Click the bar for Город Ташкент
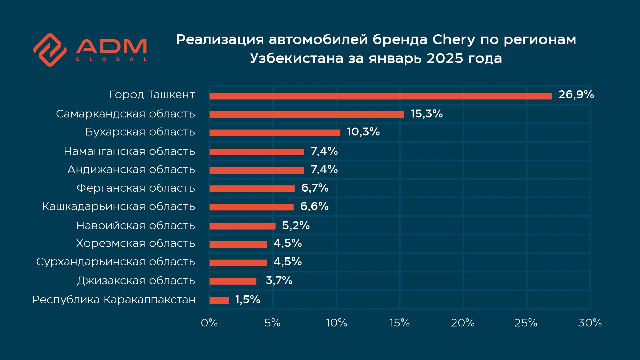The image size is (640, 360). [380, 96]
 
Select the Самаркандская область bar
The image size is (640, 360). [307, 115]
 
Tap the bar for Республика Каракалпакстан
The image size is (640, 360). [219, 300]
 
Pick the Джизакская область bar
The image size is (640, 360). [233, 281]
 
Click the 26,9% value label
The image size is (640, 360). [576, 95]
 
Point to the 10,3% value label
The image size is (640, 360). [363, 132]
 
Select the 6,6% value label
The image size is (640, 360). [314, 206]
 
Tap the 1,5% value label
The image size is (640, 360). [247, 300]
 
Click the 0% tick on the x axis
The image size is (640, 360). [209, 323]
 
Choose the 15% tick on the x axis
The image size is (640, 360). [400, 323]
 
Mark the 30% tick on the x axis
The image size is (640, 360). [590, 323]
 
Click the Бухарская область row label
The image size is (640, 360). [140, 132]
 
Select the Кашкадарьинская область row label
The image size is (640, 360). [118, 207]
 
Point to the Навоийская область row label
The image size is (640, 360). [135, 226]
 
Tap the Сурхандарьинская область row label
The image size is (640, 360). [115, 262]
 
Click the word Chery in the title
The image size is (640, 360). [453, 40]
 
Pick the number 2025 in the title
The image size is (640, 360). [445, 59]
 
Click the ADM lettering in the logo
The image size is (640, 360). [111, 47]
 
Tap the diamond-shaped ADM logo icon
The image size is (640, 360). [50, 50]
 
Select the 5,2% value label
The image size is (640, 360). [296, 226]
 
